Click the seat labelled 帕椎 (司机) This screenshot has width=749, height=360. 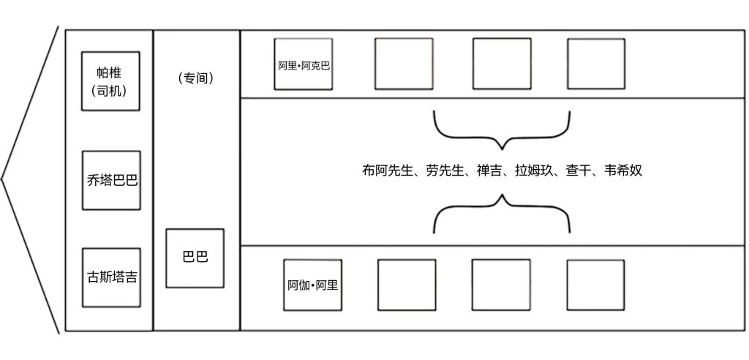pyautogui.click(x=110, y=80)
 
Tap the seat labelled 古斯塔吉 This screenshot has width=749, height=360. pyautogui.click(x=110, y=277)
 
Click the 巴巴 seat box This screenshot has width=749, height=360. pyautogui.click(x=195, y=258)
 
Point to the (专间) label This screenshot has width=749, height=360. pyautogui.click(x=195, y=78)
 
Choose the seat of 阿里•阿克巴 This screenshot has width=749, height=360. pyautogui.click(x=304, y=64)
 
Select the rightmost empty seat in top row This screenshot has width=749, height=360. pyautogui.click(x=596, y=64)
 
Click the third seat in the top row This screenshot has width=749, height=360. pyautogui.click(x=501, y=64)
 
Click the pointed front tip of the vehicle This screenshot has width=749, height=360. pyautogui.click(x=4, y=179)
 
